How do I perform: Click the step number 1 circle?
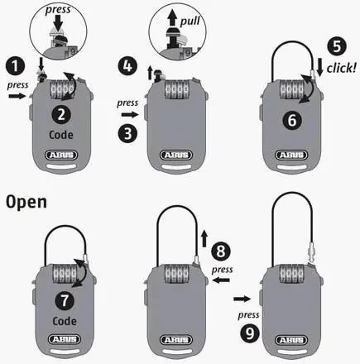(15, 66)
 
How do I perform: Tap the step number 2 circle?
(61, 114)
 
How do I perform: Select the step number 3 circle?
(127, 133)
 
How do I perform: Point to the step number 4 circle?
(127, 66)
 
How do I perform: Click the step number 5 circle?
(337, 46)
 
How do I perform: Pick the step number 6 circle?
(292, 120)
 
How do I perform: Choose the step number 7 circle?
(65, 300)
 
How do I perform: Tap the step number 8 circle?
(221, 251)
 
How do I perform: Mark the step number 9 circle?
(250, 333)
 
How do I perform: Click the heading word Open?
(26, 203)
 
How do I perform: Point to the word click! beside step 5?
(342, 68)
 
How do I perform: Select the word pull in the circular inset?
(190, 22)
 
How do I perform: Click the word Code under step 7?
(65, 321)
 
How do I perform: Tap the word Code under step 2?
(61, 135)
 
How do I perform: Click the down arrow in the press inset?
(58, 22)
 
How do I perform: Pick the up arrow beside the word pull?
(172, 17)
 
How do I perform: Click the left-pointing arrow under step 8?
(222, 280)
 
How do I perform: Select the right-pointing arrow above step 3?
(130, 114)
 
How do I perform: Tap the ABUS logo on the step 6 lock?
(291, 155)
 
